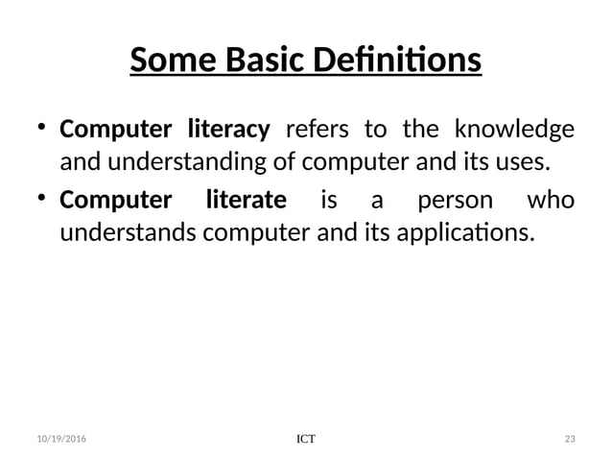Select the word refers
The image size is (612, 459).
(318, 129)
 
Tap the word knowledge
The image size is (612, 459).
(514, 129)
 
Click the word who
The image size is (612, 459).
(552, 200)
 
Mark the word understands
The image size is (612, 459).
(119, 231)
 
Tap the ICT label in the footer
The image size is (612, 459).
(305, 439)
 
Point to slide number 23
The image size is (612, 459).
(570, 439)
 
